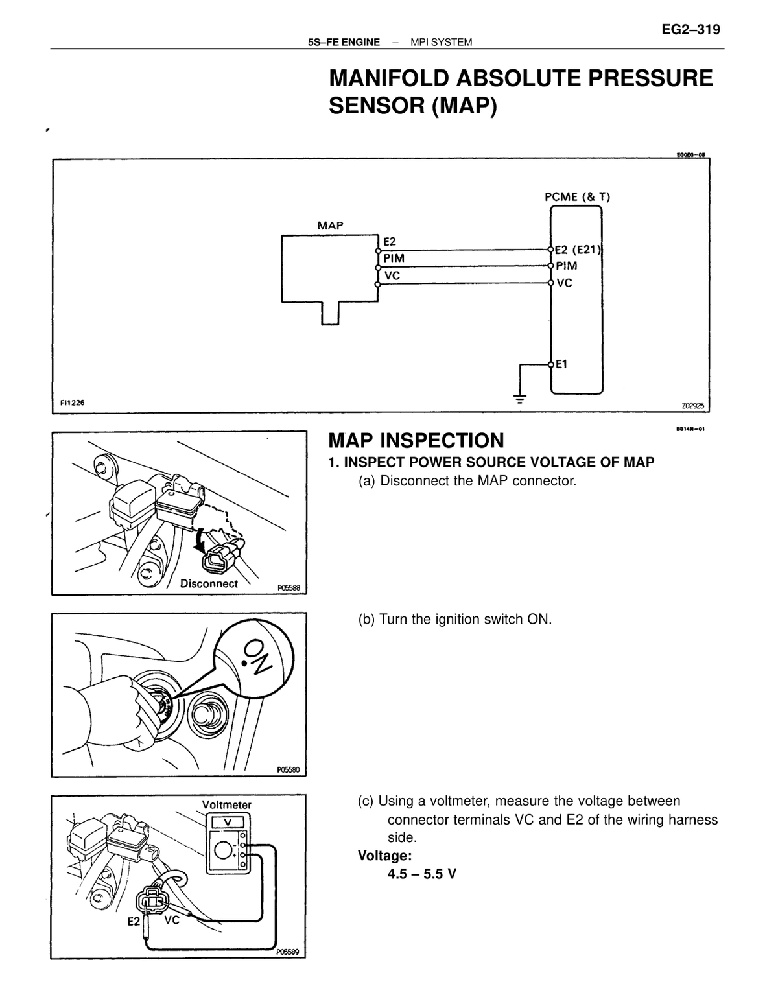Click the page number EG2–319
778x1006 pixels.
690,30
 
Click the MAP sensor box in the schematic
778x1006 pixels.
329,268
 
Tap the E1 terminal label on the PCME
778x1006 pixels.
561,364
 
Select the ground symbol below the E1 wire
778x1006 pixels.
520,398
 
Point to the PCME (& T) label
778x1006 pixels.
577,197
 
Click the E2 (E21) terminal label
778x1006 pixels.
578,250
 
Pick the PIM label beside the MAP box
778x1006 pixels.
394,259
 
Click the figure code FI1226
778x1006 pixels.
72,403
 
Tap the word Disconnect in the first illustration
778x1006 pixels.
209,584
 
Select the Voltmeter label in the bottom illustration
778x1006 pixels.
227,805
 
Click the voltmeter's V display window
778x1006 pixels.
228,822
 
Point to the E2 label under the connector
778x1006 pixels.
134,922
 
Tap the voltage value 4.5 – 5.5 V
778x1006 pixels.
421,874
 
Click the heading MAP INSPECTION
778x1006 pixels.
416,440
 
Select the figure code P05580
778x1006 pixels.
289,770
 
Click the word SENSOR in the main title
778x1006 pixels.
377,106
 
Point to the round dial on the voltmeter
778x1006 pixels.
224,850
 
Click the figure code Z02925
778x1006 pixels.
693,406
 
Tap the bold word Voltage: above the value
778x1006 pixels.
384,856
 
